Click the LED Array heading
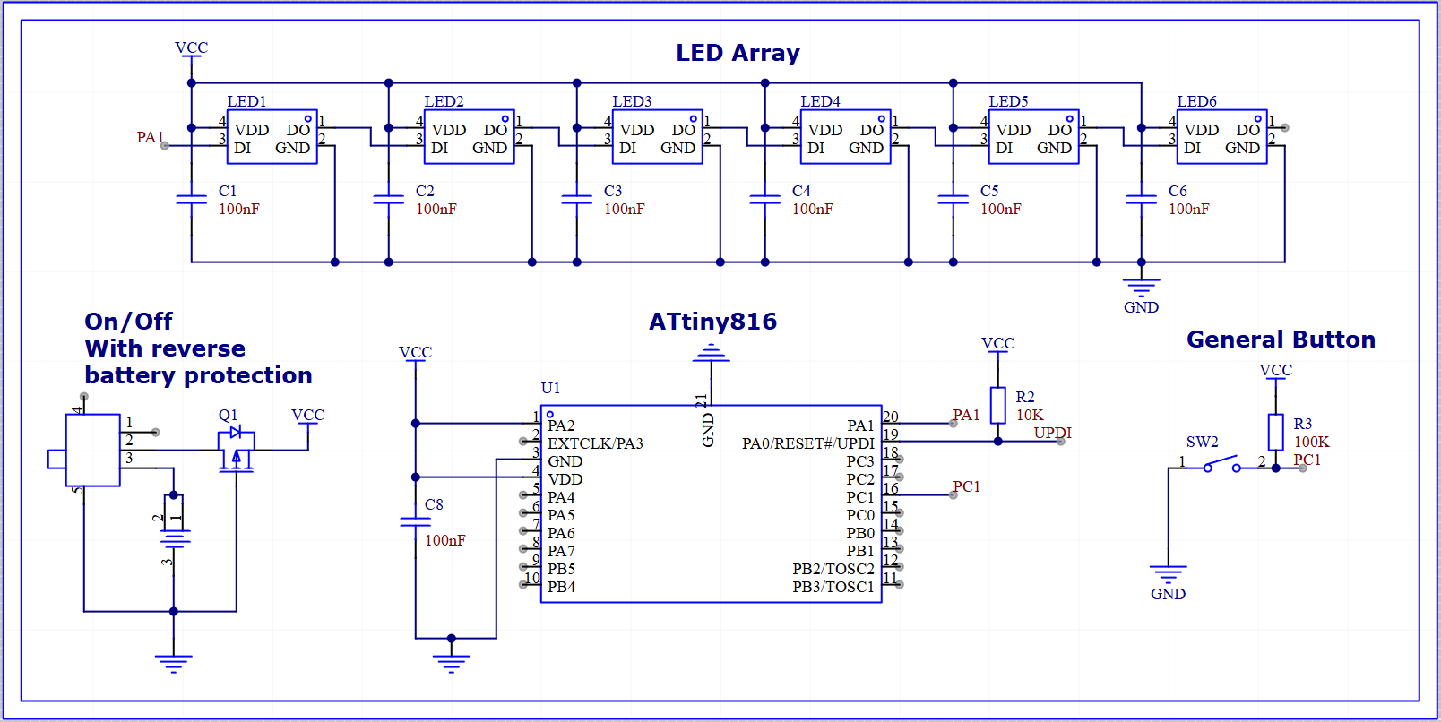[x=738, y=53]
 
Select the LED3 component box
[x=657, y=137]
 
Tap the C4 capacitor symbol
[x=764, y=199]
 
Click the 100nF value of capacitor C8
[x=444, y=540]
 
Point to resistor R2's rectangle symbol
[x=997, y=405]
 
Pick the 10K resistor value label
[x=1030, y=415]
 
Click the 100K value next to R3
[x=1311, y=442]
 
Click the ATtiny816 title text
[x=712, y=322]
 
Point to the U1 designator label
[x=550, y=388]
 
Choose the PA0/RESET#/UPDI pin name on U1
[x=807, y=443]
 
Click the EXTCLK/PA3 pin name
[x=595, y=443]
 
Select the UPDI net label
[x=1052, y=433]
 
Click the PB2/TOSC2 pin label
[x=833, y=569]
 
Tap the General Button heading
[x=1281, y=340]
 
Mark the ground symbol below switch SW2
[x=1168, y=573]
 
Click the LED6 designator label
[x=1196, y=101]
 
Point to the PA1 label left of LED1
[x=150, y=137]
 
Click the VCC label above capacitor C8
[x=415, y=352]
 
